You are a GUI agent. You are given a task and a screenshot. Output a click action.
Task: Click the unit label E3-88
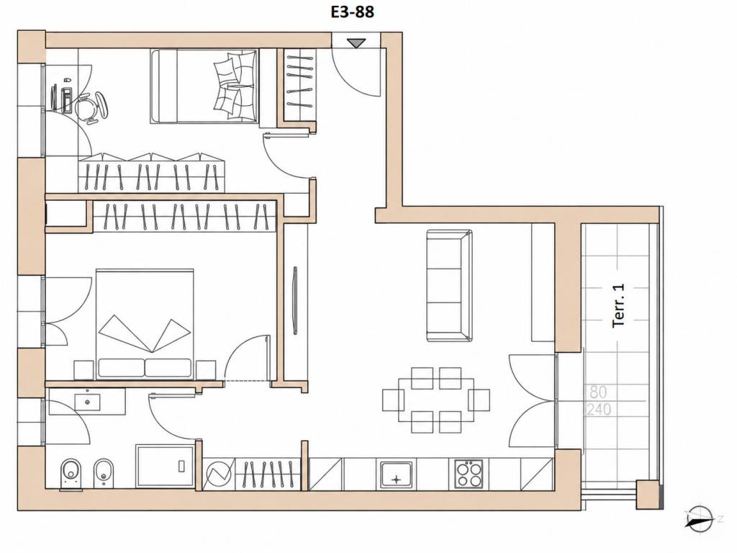(353, 12)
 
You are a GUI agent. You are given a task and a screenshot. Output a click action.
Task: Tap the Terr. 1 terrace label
(618, 305)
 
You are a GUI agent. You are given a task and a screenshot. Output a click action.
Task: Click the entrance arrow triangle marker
(356, 43)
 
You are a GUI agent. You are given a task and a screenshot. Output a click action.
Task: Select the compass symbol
(700, 520)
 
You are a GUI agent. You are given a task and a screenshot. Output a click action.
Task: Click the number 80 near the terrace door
(597, 392)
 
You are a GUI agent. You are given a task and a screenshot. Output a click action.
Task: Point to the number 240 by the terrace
(600, 409)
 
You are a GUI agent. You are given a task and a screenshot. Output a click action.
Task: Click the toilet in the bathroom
(71, 474)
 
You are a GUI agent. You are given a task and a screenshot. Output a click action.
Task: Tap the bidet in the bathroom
(103, 473)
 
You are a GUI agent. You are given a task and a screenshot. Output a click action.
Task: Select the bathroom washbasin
(87, 402)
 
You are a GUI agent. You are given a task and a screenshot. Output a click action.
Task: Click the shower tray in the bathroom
(165, 467)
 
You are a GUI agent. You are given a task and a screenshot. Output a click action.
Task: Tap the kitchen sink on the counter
(397, 475)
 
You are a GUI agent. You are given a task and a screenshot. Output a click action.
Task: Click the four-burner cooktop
(469, 474)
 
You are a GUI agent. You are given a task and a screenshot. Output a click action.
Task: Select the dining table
(435, 400)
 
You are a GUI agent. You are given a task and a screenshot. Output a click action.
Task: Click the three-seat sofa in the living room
(449, 286)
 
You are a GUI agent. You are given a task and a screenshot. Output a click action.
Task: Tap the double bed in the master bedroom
(145, 324)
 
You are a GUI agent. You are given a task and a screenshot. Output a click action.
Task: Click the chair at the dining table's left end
(393, 400)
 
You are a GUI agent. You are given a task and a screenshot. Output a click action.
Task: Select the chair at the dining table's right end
(479, 400)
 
